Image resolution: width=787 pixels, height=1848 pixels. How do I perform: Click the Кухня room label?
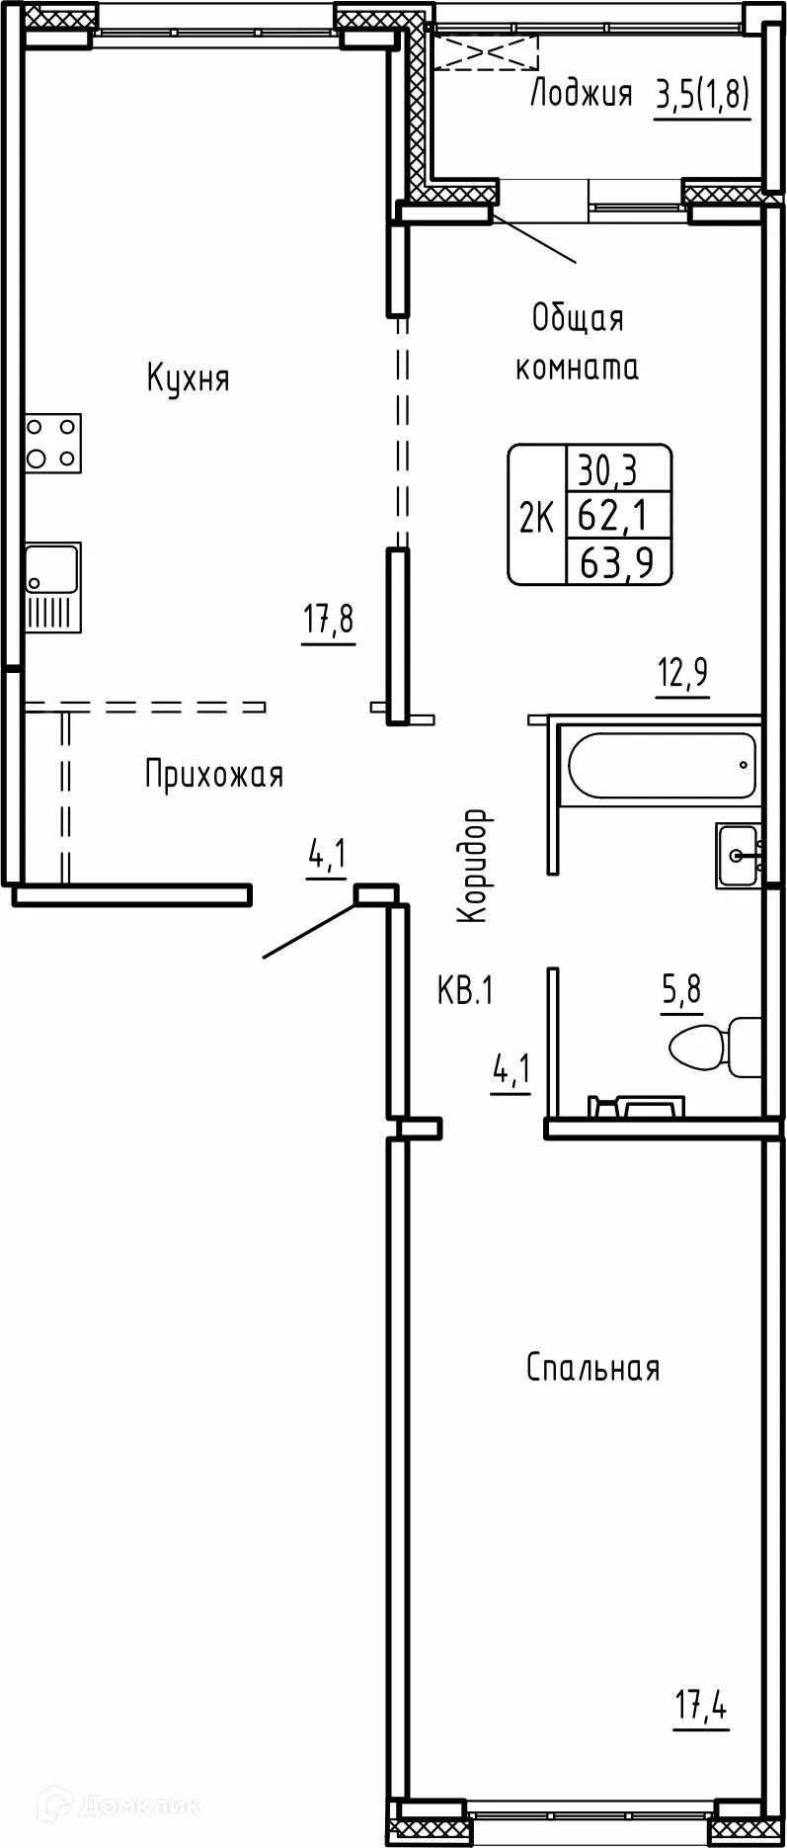188,378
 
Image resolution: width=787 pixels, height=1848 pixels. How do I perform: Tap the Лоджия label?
581,94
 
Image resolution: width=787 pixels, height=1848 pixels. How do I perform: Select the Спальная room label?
592,1369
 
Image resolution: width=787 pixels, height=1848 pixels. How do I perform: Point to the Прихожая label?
214,775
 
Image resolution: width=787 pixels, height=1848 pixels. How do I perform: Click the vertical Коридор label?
474,866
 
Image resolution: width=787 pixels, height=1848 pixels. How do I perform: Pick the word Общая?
578,318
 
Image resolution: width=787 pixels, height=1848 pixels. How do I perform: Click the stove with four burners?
53,443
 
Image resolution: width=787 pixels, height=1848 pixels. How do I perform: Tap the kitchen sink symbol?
53,587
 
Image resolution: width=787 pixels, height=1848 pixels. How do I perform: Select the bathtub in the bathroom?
659,764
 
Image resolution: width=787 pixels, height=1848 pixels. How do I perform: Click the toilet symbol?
714,1046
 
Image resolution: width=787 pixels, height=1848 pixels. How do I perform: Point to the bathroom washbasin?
740,855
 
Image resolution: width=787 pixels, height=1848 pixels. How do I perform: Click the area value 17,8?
329,622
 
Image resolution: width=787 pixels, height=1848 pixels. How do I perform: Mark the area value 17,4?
701,1707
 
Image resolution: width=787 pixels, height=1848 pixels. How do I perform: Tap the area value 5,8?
681,988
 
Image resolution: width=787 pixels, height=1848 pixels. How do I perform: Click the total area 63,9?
618,562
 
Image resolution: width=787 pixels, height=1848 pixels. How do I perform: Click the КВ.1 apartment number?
464,990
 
